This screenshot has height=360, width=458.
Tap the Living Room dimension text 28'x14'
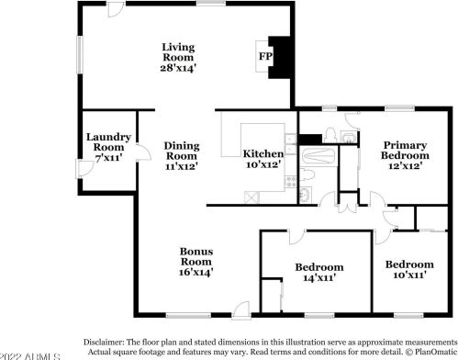(180, 67)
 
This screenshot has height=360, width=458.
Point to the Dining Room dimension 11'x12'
(182, 168)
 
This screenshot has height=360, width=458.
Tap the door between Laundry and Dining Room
(134, 125)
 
